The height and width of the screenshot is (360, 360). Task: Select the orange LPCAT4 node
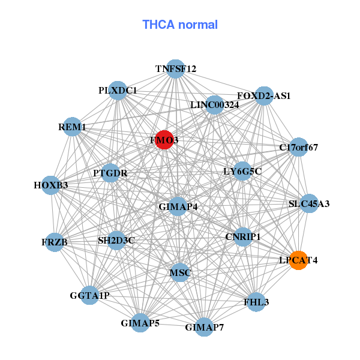coord(298,260)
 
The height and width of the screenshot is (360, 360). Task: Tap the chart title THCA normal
coord(180,25)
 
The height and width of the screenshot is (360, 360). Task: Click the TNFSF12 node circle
coord(175,69)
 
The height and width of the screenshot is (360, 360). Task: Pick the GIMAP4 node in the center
coord(178,206)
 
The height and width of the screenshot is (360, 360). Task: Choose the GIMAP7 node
coord(204,327)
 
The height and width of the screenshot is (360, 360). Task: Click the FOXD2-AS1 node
coord(264,96)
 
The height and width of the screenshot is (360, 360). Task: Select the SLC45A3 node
coord(309,204)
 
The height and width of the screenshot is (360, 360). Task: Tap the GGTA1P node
coord(89,295)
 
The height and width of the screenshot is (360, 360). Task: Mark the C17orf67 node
coord(298,147)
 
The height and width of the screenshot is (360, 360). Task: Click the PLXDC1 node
coord(118,91)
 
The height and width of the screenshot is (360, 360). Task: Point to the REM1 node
coord(72,127)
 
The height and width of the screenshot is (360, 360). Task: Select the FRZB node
coord(55,242)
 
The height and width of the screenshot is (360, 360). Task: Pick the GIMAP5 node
coord(140,323)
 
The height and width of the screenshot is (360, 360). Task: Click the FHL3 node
coord(253,302)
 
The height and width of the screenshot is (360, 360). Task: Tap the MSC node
coord(180,273)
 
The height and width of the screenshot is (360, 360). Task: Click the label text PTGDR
coord(110,173)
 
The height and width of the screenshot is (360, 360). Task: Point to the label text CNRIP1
coord(243,236)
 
